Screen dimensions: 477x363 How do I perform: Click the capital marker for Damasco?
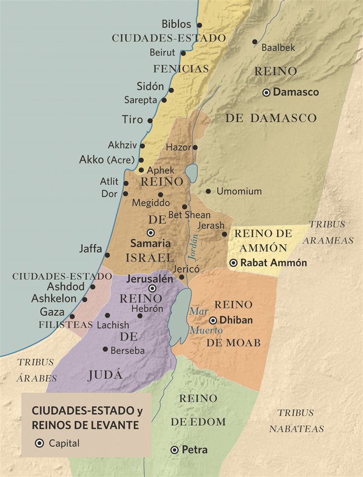pos(266,92)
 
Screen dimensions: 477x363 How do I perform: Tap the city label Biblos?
pos(176,24)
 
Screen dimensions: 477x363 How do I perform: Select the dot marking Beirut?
pos(183,53)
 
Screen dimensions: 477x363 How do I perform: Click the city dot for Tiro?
pos(150,120)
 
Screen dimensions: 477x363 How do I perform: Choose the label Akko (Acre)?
pos(107,160)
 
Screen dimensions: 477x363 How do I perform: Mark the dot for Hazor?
pos(195,147)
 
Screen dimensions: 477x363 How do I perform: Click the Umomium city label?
pos(239,191)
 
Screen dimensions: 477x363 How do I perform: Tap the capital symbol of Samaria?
pos(151,232)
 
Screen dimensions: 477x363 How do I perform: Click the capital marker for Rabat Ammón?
pos(233,263)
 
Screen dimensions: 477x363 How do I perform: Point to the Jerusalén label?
pos(150,279)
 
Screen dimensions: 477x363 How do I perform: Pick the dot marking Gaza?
pos(72,317)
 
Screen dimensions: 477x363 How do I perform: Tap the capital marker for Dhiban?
pos(212,320)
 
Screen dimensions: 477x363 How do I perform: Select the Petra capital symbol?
pos(174,450)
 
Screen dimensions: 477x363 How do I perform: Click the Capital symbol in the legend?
pos(39,443)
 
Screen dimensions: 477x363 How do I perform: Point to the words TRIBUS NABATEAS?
pos(296,420)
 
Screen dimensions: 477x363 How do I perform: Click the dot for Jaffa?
pos(107,255)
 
